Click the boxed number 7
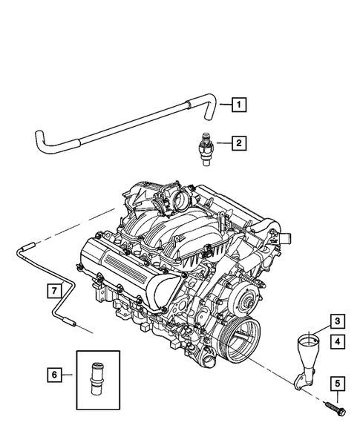click(54, 290)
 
